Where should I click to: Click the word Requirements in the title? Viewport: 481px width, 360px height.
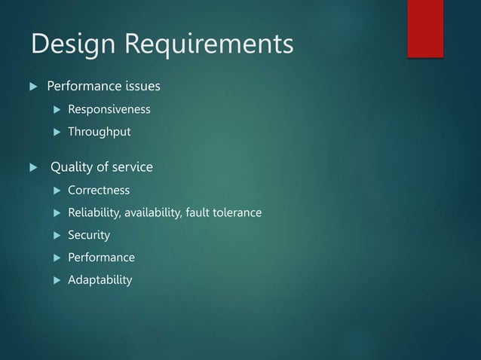pyautogui.click(x=208, y=45)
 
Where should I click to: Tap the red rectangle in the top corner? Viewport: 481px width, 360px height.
pyautogui.click(x=424, y=28)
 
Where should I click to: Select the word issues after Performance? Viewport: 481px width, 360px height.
pyautogui.click(x=139, y=87)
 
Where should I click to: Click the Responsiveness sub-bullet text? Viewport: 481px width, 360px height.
pyautogui.click(x=109, y=110)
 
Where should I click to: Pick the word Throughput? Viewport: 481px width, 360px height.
pyautogui.click(x=99, y=133)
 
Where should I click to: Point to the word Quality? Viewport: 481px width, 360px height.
pyautogui.click(x=72, y=167)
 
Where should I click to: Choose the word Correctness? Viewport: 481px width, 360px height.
pyautogui.click(x=98, y=191)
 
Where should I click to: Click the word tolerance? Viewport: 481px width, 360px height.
pyautogui.click(x=236, y=213)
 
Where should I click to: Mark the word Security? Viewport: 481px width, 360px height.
pyautogui.click(x=88, y=236)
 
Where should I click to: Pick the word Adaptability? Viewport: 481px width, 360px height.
pyautogui.click(x=100, y=280)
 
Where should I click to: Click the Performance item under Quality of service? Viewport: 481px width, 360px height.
pyautogui.click(x=101, y=258)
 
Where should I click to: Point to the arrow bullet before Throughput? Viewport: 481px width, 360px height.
pyautogui.click(x=55, y=133)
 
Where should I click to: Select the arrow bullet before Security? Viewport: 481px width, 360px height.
pyautogui.click(x=55, y=236)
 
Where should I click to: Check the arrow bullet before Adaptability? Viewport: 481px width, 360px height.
pyautogui.click(x=55, y=280)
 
